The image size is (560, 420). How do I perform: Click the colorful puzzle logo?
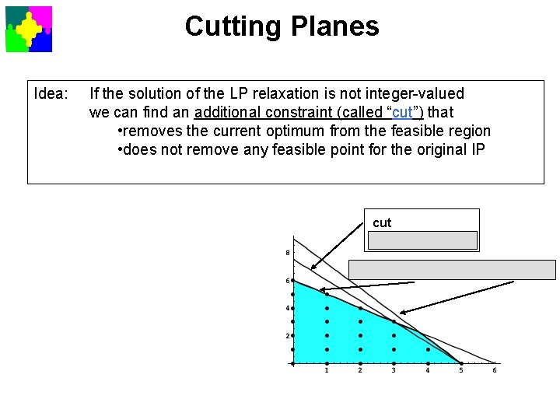click(x=29, y=29)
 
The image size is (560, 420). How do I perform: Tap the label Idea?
click(x=52, y=94)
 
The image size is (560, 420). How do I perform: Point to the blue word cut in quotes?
click(x=404, y=113)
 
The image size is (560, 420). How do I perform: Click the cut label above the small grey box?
click(x=382, y=223)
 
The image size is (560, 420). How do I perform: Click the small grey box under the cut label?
click(x=422, y=240)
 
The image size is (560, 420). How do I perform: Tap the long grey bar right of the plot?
click(x=452, y=270)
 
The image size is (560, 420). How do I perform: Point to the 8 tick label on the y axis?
click(x=288, y=253)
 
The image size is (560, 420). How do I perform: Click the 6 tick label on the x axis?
click(x=495, y=370)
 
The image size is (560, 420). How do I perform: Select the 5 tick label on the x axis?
click(x=461, y=370)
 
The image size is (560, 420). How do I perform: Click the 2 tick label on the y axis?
click(x=288, y=336)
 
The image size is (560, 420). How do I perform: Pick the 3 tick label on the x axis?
click(x=394, y=370)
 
